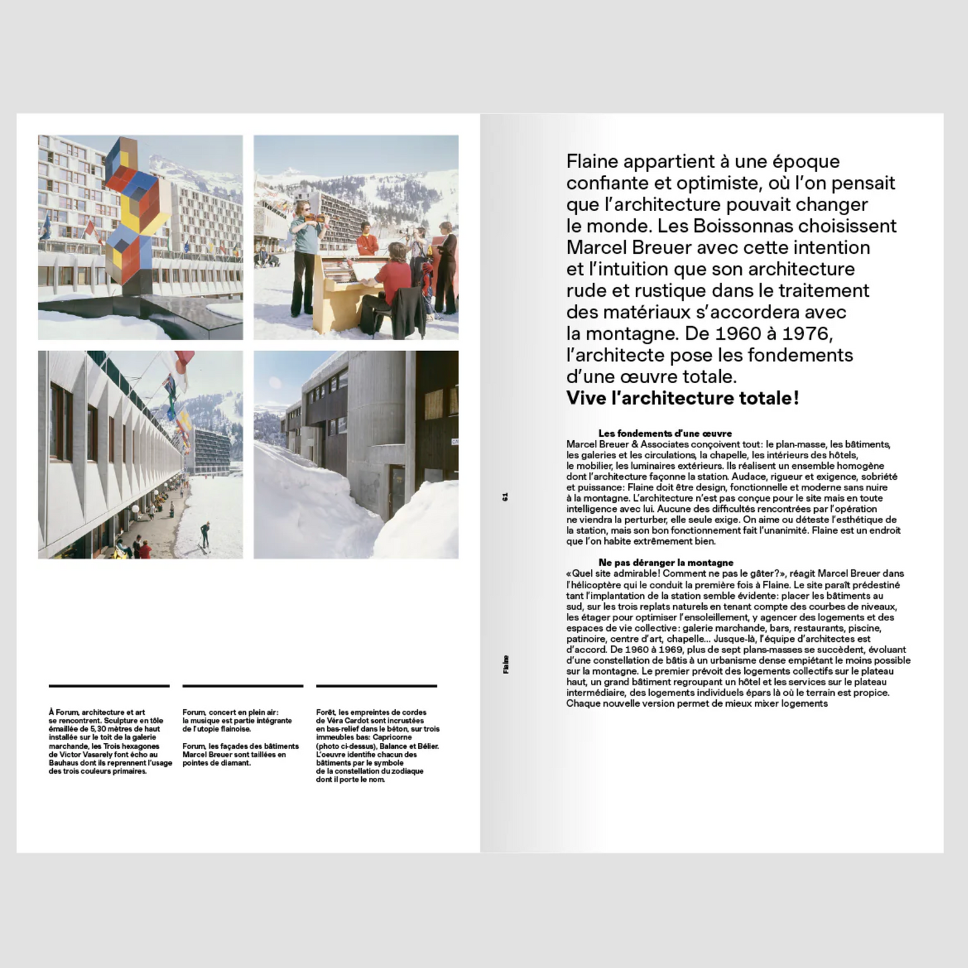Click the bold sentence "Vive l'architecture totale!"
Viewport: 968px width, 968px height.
click(x=682, y=398)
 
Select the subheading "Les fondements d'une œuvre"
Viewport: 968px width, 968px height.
click(x=665, y=433)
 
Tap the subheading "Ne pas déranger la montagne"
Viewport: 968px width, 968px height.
click(x=665, y=563)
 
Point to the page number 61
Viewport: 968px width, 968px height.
click(x=505, y=496)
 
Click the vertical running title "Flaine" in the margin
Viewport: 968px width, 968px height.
click(x=505, y=664)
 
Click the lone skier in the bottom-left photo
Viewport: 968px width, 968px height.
click(x=205, y=534)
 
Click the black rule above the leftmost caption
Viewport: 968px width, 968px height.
click(x=109, y=685)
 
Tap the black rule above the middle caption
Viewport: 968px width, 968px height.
click(x=243, y=685)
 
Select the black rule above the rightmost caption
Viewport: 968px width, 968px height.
click(x=376, y=685)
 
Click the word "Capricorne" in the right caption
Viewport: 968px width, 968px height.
click(x=392, y=738)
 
